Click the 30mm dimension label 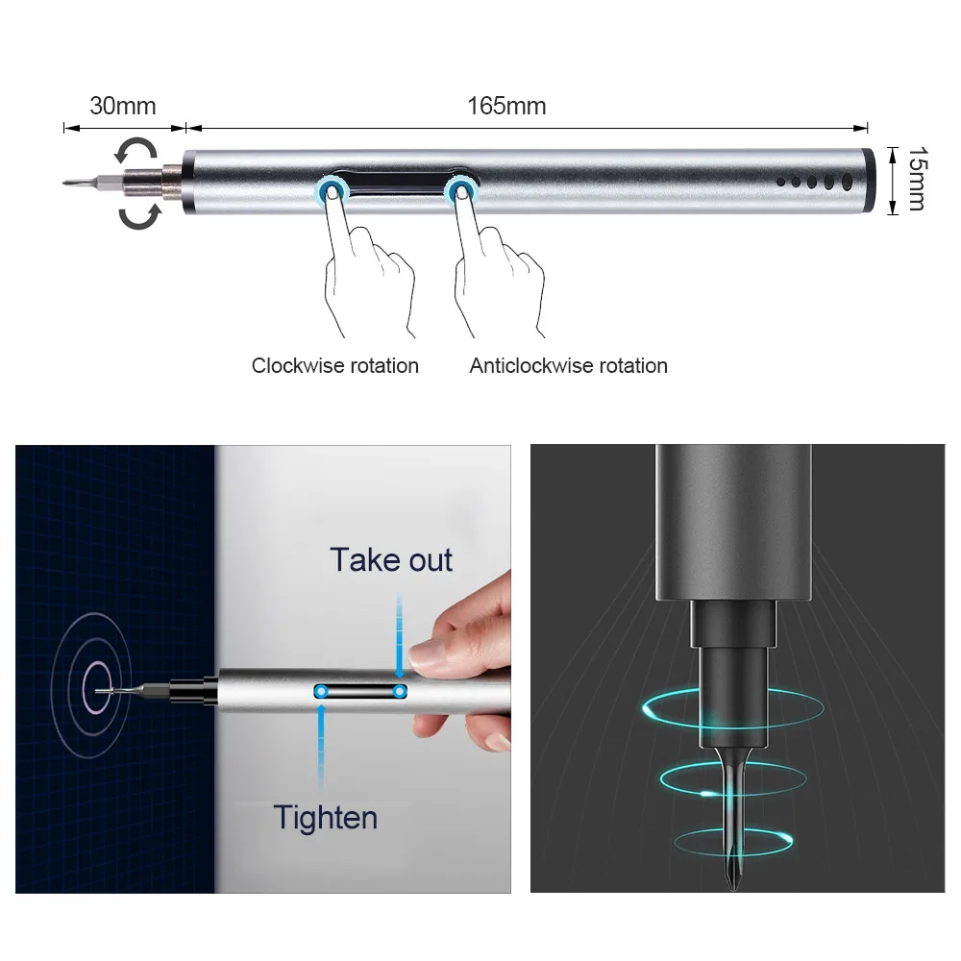point(123,106)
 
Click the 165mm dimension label point(506,106)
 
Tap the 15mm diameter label point(918,179)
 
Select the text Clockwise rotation point(335,366)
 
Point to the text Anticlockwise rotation point(568,366)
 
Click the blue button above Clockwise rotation point(333,190)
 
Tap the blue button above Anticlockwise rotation point(460,190)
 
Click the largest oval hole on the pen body point(847,182)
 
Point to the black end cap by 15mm point(868,181)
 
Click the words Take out point(391,559)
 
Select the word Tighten point(326,818)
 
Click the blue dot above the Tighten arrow point(321,692)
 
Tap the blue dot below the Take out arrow point(400,692)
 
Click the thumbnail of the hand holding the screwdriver point(263,669)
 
